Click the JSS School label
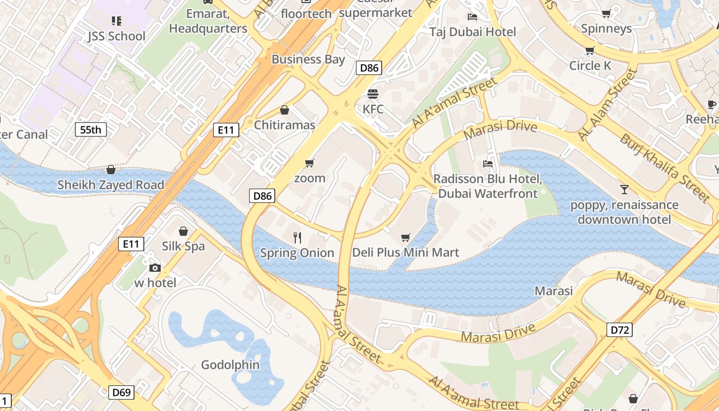[117, 36]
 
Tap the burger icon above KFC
[373, 94]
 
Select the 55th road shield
[91, 129]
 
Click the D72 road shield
[620, 330]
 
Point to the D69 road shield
[122, 393]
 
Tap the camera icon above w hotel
[155, 268]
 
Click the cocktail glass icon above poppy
[624, 190]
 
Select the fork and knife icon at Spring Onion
[297, 237]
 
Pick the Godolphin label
[230, 365]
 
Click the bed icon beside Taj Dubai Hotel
[472, 16]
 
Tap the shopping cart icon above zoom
[309, 163]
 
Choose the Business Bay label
[308, 59]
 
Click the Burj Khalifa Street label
[665, 167]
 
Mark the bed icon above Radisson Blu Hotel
[488, 164]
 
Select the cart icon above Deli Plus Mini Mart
[406, 237]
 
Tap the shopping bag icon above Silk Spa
[183, 231]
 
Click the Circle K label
[590, 66]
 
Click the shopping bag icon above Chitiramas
[285, 110]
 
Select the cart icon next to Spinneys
[606, 13]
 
